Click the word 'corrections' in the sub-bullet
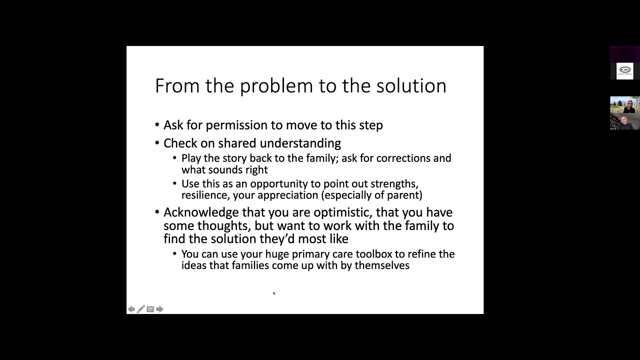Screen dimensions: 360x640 403,158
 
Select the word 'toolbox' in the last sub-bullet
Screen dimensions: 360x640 374,254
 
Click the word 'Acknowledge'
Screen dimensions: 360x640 201,212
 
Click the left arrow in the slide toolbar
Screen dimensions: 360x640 131,309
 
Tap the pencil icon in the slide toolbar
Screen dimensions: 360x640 140,309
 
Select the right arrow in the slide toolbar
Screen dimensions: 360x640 159,309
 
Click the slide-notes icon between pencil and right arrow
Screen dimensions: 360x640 150,309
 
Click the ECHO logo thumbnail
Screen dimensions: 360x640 624,70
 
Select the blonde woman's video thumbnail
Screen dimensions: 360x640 624,104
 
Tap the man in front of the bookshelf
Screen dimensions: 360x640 624,121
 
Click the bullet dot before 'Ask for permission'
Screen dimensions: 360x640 157,125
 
